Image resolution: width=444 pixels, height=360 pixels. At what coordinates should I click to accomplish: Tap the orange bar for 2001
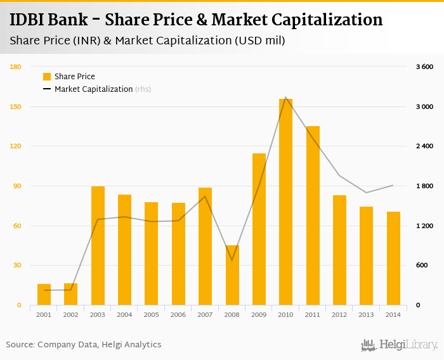click(x=44, y=295)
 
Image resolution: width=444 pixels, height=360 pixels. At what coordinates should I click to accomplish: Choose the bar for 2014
click(x=393, y=259)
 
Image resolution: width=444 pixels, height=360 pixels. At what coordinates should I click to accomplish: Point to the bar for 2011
click(x=313, y=215)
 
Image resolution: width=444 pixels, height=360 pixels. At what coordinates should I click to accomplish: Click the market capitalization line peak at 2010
click(x=286, y=97)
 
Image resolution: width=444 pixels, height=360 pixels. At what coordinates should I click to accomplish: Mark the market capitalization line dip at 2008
click(x=232, y=260)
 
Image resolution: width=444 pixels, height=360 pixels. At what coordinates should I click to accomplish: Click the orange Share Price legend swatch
click(x=46, y=77)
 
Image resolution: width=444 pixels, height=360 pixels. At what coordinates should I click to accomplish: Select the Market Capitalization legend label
click(x=93, y=89)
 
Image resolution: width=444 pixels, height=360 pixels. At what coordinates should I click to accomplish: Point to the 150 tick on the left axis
click(x=16, y=106)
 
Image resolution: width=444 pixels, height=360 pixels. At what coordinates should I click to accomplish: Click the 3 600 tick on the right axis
click(x=424, y=67)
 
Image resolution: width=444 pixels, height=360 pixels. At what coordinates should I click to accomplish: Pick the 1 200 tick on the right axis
click(x=424, y=226)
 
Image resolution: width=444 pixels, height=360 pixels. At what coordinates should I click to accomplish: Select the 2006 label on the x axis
click(x=178, y=314)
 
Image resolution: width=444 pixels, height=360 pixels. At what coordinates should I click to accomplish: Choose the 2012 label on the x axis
click(x=339, y=314)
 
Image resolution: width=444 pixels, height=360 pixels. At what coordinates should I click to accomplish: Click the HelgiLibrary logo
click(x=399, y=345)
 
